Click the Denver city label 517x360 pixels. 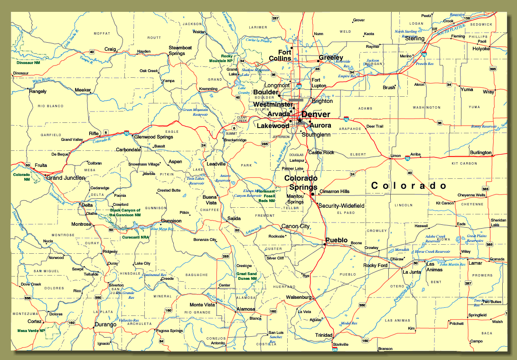(x=316, y=114)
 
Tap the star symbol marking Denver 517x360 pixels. (x=300, y=121)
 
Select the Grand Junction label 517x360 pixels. (x=66, y=178)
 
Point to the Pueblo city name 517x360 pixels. (x=337, y=240)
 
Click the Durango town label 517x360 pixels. (x=105, y=324)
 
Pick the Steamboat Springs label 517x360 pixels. (x=180, y=50)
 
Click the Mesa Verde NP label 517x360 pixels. (x=31, y=331)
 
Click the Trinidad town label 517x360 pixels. (x=324, y=335)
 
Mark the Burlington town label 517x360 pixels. (x=480, y=153)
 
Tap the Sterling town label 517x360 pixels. (x=414, y=38)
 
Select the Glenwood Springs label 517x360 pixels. (x=154, y=137)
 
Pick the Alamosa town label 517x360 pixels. (x=246, y=309)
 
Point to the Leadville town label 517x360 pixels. (x=216, y=164)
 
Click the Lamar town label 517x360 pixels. (x=475, y=263)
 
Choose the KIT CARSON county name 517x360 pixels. (x=464, y=163)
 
